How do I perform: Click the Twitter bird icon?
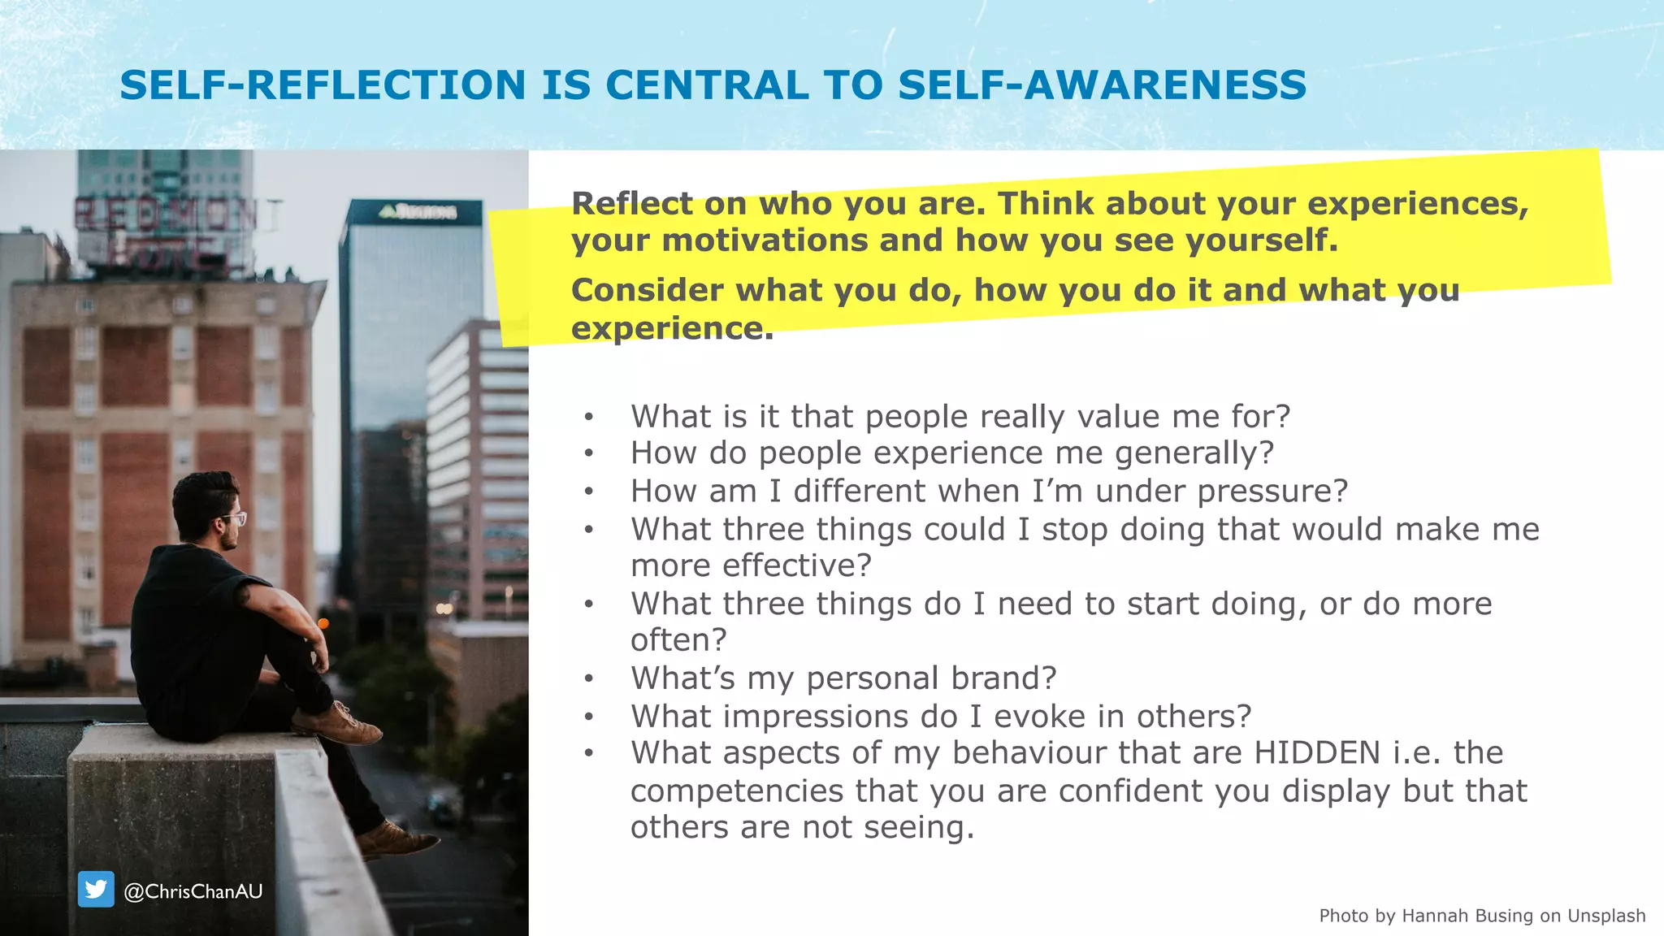(x=96, y=890)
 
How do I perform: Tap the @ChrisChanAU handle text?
(x=193, y=891)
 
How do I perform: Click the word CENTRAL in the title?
(x=707, y=85)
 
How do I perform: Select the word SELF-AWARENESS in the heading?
(x=1103, y=85)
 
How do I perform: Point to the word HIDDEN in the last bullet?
(x=1317, y=753)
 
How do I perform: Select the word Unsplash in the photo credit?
(x=1606, y=916)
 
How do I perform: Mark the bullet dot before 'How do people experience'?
(x=589, y=454)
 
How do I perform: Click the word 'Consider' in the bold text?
(x=647, y=290)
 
